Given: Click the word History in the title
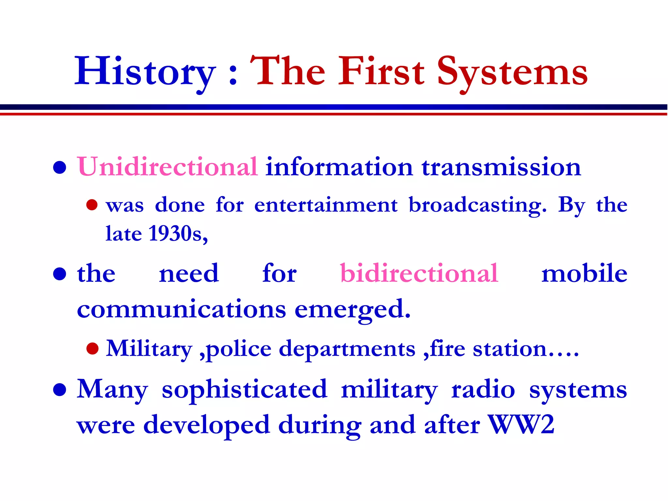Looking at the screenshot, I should click(145, 72).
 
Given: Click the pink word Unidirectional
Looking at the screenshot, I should click(167, 167).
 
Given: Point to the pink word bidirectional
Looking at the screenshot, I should click(419, 273).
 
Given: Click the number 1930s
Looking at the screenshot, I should click(178, 234).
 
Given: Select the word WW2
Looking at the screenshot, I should click(521, 425).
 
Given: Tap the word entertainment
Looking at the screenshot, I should click(326, 205).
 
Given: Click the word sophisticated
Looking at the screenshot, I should click(244, 390).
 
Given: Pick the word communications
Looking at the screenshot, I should click(181, 309).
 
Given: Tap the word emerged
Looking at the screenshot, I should click(352, 309).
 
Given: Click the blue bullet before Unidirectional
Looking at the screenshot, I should click(60, 168).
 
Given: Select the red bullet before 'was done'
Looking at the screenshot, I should click(92, 205).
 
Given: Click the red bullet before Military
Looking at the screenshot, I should click(92, 349).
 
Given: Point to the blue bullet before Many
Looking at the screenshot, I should click(60, 390).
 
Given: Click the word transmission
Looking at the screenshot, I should click(501, 167).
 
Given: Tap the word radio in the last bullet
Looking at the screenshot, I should click(483, 390).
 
